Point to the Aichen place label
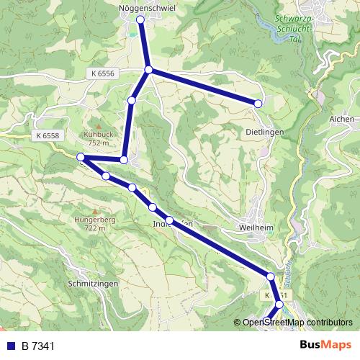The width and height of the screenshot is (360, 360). pyautogui.click(x=341, y=119)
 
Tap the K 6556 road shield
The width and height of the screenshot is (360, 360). pyautogui.click(x=103, y=73)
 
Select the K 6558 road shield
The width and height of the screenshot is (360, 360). pyautogui.click(x=46, y=135)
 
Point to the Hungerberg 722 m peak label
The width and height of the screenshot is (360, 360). pyautogui.click(x=90, y=223)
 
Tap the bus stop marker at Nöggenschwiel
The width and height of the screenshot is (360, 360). pyautogui.click(x=140, y=20)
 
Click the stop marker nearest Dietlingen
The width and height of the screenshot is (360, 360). pyautogui.click(x=258, y=104)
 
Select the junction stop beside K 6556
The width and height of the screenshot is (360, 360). pyautogui.click(x=148, y=70)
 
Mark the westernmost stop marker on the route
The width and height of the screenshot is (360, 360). pyautogui.click(x=81, y=157)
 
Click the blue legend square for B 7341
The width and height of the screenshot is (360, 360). pyautogui.click(x=11, y=346)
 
